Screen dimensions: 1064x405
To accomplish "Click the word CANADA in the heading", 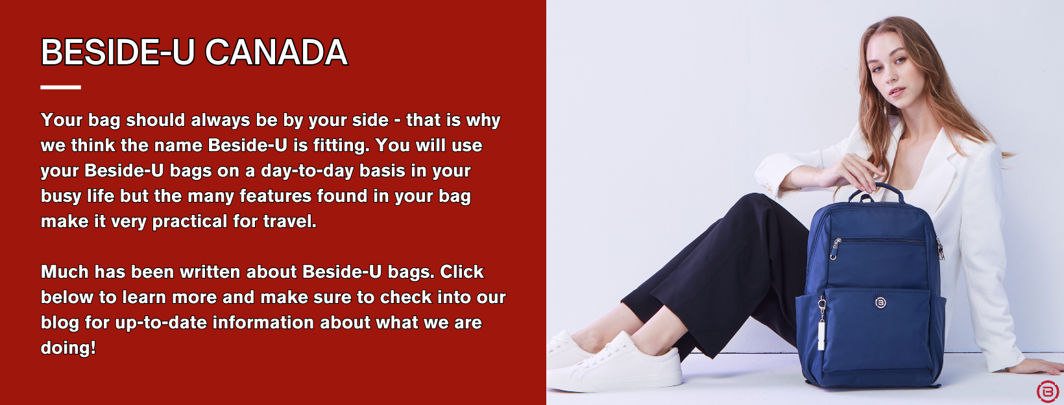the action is (276, 52).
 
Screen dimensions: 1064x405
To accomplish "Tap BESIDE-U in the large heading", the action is (118, 52).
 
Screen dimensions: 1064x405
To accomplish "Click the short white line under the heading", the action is (60, 88).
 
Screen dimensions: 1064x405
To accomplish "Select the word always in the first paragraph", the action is (221, 121).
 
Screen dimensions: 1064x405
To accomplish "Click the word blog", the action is (60, 323).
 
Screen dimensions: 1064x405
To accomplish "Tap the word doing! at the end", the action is (68, 349).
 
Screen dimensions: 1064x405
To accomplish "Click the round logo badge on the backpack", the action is (880, 302).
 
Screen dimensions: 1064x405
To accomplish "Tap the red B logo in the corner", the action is (1047, 391).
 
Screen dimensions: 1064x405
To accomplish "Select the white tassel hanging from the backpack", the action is (821, 335).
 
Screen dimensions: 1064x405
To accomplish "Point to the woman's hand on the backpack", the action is (851, 173).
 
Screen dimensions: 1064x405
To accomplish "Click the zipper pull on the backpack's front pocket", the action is (835, 250).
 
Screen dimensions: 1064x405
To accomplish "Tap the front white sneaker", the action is (618, 363).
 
